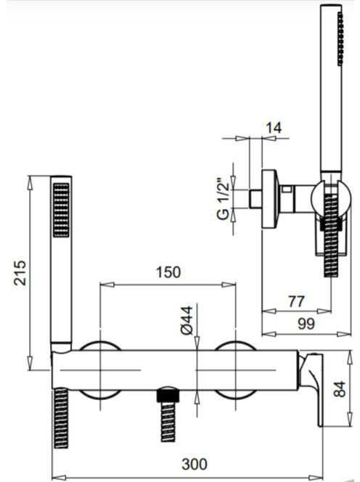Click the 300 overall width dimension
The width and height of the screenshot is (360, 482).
(x=195, y=464)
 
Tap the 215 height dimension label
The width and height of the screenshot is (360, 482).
(x=20, y=273)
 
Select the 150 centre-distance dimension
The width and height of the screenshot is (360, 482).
(x=168, y=272)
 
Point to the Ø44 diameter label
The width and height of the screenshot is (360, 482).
(x=187, y=320)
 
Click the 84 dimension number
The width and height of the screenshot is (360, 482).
(x=340, y=389)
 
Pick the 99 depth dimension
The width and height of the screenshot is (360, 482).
(x=306, y=323)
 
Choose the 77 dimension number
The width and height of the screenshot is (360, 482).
(x=297, y=301)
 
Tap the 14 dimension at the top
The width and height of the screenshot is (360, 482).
(x=274, y=127)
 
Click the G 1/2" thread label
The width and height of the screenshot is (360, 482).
(x=224, y=199)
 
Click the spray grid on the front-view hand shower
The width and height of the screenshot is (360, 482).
(x=61, y=211)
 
